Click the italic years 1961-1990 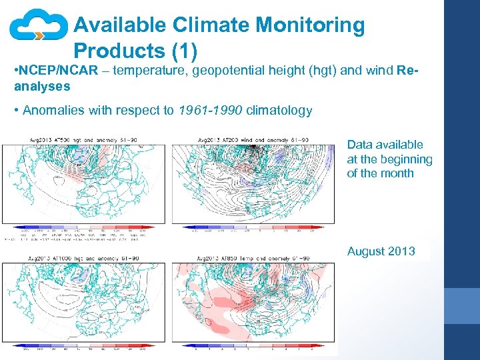[210, 111]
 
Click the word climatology [279, 111]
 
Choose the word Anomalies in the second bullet [52, 111]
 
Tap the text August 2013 [381, 251]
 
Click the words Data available [385, 145]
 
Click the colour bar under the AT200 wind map [253, 227]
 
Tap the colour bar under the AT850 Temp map [253, 347]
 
